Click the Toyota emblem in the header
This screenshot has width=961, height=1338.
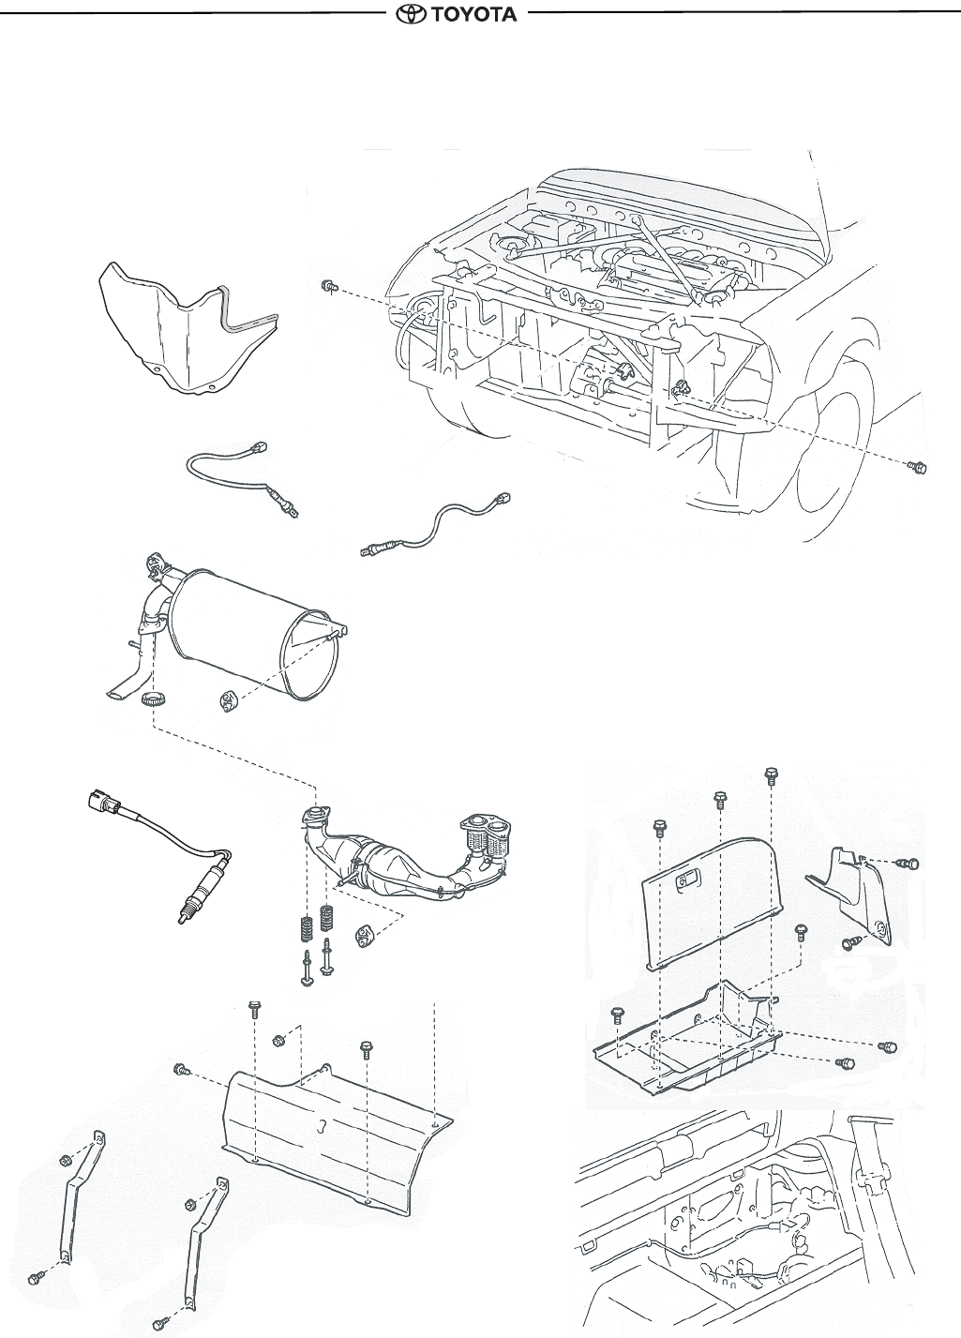[x=411, y=15]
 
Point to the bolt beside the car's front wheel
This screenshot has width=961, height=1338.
[x=918, y=466]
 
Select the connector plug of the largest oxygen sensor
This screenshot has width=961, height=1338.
[x=100, y=802]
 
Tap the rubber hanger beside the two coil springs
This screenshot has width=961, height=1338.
[x=362, y=935]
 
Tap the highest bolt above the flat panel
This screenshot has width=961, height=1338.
[x=771, y=774]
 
